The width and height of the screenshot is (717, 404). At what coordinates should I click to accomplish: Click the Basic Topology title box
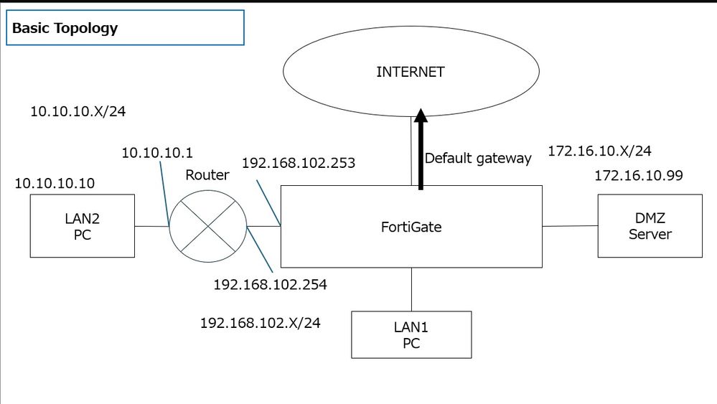pos(125,29)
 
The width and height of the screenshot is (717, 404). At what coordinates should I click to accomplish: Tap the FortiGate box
pos(410,227)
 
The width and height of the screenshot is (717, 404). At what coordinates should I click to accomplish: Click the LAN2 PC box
pos(82,227)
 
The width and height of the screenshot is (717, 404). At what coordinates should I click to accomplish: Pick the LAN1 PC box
pos(411,334)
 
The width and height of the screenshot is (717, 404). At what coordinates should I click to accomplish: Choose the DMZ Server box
pos(650,227)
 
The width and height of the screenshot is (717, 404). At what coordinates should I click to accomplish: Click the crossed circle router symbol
pos(208,226)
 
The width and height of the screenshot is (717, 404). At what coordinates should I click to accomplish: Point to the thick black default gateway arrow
pos(421,151)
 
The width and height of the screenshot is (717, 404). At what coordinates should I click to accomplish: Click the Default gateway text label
pos(478,158)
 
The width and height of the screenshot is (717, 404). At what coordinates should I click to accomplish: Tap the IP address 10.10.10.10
pos(54,184)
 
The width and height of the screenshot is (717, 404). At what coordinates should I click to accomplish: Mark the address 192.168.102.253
pos(299,163)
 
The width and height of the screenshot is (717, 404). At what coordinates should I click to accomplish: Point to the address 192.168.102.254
pos(270,285)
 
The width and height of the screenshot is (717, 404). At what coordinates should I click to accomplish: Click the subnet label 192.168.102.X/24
pos(260,322)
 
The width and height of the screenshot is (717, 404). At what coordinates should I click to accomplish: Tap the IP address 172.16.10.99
pos(638,175)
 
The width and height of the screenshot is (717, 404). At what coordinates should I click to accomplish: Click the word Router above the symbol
pos(207,175)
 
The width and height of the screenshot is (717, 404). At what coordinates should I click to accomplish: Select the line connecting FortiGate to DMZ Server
pos(570,226)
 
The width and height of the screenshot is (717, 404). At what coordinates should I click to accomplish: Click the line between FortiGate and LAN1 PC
pos(411,289)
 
